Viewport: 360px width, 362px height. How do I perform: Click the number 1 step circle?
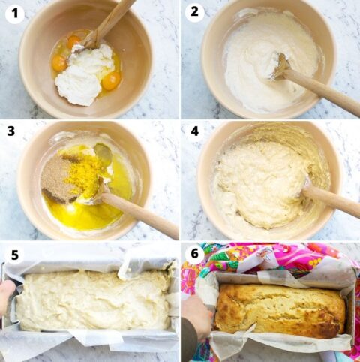tap(14, 13)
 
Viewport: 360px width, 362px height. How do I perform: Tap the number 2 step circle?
tap(194, 13)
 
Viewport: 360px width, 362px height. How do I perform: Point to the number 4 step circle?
tap(194, 132)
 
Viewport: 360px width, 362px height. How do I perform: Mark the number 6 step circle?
tap(194, 254)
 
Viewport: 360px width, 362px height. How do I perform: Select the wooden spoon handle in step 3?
tap(142, 216)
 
